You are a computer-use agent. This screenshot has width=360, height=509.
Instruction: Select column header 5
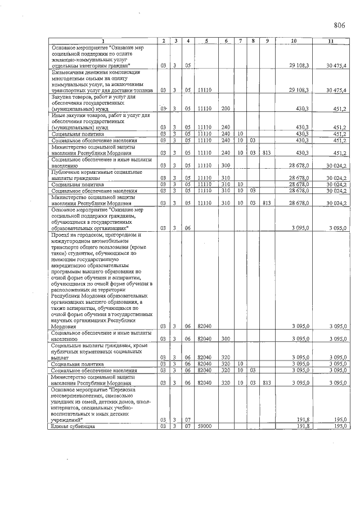coord(206,41)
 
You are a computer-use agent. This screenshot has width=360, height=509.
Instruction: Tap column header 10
coord(294,41)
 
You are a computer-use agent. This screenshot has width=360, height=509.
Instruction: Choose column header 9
coord(267,41)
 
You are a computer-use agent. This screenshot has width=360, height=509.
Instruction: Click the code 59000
coord(205,427)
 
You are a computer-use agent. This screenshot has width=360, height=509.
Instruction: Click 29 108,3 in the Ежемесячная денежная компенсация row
coord(299,90)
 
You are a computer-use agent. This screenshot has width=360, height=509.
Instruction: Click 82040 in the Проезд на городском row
coord(205,326)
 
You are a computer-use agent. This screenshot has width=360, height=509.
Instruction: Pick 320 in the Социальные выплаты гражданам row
coord(226,357)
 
